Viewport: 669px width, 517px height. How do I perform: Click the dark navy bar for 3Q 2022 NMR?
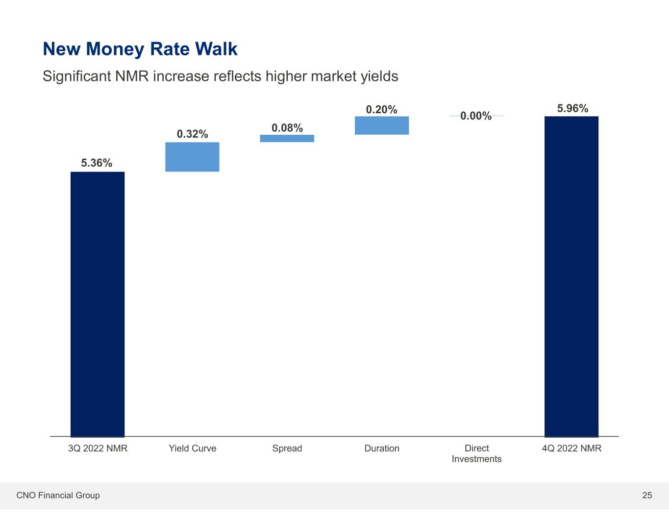98,304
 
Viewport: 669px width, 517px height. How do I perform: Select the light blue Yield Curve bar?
192,157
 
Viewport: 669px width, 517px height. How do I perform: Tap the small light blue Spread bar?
287,138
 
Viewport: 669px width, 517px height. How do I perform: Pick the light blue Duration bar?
382,125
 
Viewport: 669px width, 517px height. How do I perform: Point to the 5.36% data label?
97,163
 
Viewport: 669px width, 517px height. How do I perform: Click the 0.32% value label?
192,134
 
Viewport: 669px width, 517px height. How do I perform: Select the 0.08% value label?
287,128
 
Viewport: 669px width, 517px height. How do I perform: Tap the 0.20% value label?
382,110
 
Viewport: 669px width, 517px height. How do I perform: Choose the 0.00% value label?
476,116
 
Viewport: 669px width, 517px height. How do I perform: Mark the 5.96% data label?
572,108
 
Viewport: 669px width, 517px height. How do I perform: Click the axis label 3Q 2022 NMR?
98,448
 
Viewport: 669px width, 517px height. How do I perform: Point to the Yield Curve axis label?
192,448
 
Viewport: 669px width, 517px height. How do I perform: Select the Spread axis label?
287,448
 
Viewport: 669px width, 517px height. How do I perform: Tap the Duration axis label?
382,448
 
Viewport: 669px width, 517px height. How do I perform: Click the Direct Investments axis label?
476,453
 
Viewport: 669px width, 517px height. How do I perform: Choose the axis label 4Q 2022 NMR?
571,448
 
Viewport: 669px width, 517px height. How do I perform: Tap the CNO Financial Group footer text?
58,495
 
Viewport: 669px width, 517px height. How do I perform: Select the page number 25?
647,495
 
